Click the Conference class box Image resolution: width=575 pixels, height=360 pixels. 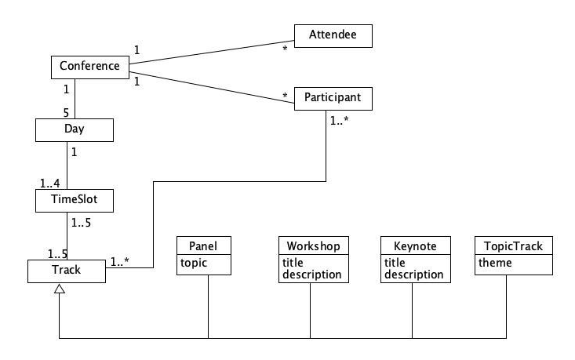[89, 67]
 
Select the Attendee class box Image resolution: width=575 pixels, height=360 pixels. [333, 35]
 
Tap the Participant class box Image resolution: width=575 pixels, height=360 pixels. [333, 99]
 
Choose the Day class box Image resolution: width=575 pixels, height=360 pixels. [75, 129]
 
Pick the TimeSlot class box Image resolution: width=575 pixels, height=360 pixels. [75, 200]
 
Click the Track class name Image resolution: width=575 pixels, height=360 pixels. [66, 271]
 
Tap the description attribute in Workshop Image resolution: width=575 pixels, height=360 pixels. [311, 275]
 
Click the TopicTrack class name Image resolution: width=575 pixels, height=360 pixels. [509, 246]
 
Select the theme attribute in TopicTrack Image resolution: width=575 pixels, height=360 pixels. [495, 263]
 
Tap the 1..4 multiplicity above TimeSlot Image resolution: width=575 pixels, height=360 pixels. [49, 184]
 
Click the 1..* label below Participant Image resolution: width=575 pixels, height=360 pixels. [339, 122]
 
